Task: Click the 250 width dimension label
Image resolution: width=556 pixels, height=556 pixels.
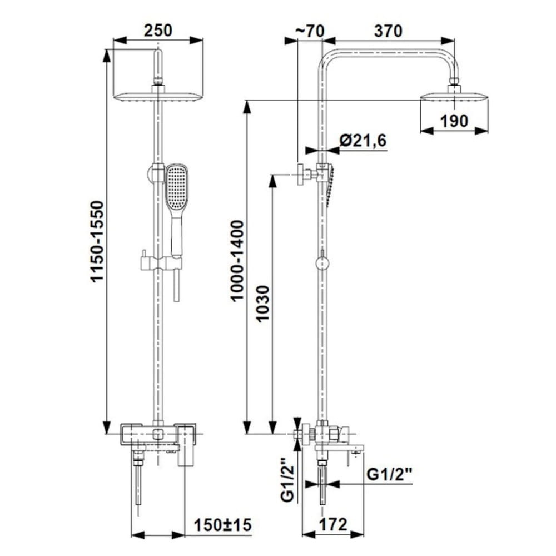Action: (x=158, y=31)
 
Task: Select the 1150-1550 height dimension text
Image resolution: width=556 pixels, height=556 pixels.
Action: (x=97, y=242)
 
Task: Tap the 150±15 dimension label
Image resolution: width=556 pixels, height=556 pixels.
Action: (x=223, y=524)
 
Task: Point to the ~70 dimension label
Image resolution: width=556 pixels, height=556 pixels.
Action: (x=310, y=31)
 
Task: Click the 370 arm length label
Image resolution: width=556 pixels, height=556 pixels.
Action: (x=388, y=31)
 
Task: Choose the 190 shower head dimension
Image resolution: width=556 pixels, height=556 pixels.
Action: (x=454, y=121)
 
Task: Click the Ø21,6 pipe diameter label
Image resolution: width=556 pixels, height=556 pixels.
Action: (x=363, y=141)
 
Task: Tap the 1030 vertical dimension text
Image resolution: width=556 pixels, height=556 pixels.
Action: (x=263, y=304)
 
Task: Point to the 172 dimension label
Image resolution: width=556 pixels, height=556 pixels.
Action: (x=333, y=524)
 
